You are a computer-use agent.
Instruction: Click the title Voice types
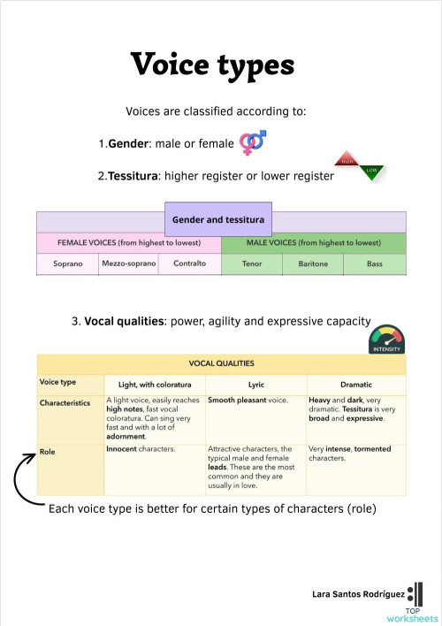(x=212, y=64)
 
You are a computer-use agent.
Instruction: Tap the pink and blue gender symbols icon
(x=253, y=141)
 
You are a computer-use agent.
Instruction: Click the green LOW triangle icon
(x=371, y=172)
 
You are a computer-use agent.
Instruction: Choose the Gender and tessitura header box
(x=218, y=218)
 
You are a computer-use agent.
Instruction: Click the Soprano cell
(x=68, y=263)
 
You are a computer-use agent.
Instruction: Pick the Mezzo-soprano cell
(x=129, y=263)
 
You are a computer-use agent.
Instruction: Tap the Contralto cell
(x=189, y=263)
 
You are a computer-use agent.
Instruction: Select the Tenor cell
(x=251, y=263)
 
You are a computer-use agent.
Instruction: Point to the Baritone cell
(x=312, y=263)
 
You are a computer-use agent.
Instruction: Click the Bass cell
(x=374, y=263)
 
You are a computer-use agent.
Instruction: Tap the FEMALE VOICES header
(x=128, y=242)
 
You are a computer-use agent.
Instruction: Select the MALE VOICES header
(x=313, y=242)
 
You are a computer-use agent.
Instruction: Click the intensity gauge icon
(x=385, y=340)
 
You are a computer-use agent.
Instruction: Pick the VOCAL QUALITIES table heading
(x=221, y=363)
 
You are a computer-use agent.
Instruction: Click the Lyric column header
(x=256, y=385)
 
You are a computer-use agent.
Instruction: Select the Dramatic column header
(x=355, y=385)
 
